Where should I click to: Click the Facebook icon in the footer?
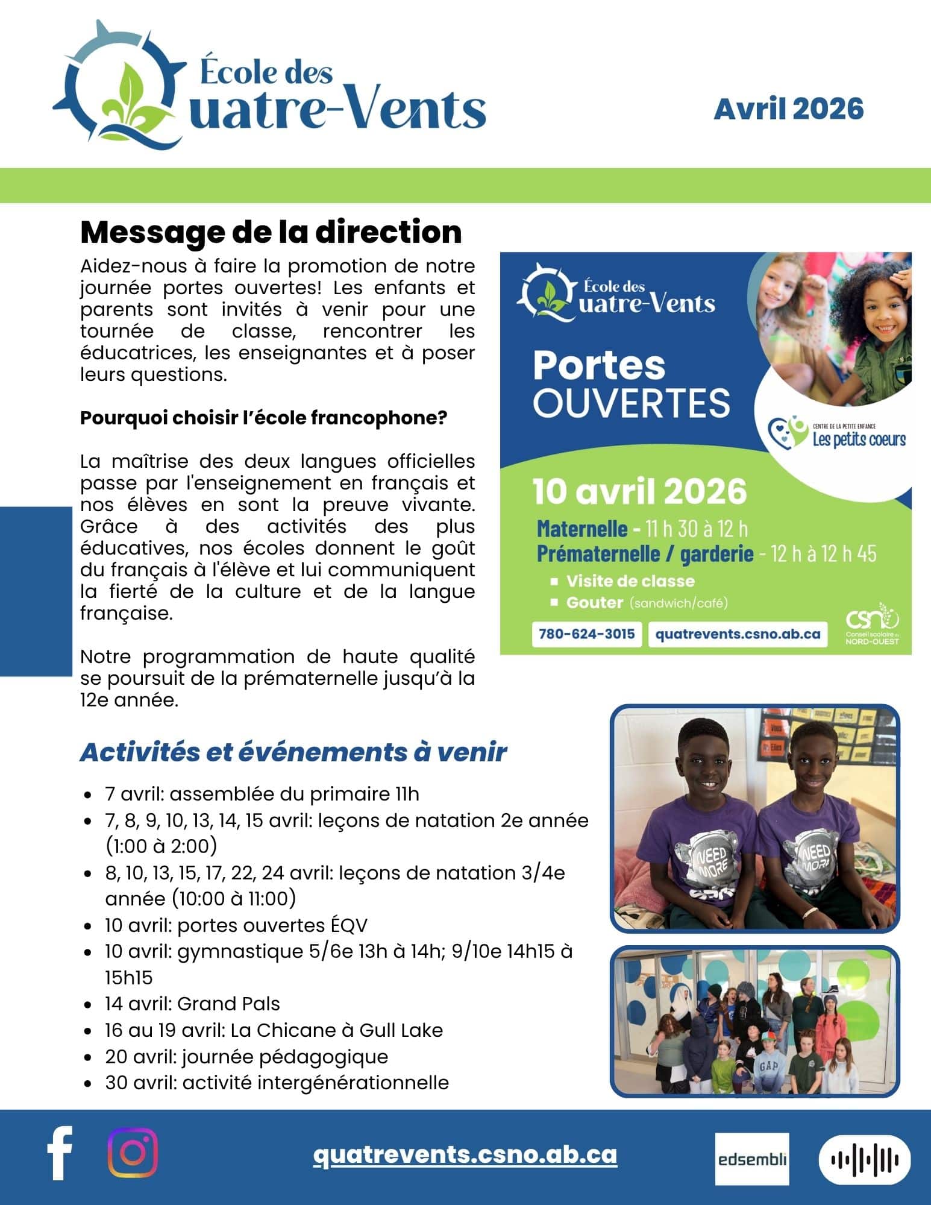click(60, 1153)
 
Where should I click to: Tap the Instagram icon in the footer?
click(133, 1153)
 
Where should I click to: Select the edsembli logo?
click(752, 1159)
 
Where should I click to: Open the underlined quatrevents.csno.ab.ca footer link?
click(465, 1154)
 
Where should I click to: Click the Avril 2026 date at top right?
click(788, 109)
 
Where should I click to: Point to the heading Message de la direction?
click(271, 233)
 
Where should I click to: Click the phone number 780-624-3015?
click(586, 634)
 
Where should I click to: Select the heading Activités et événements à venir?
click(293, 752)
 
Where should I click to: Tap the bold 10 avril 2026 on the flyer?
click(639, 491)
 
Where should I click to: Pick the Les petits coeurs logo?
click(837, 432)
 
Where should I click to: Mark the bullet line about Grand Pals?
click(192, 1004)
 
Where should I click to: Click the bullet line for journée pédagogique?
click(246, 1057)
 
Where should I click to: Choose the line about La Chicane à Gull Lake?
click(274, 1030)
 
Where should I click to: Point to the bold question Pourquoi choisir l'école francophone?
click(263, 418)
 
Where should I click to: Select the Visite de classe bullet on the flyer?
click(630, 581)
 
